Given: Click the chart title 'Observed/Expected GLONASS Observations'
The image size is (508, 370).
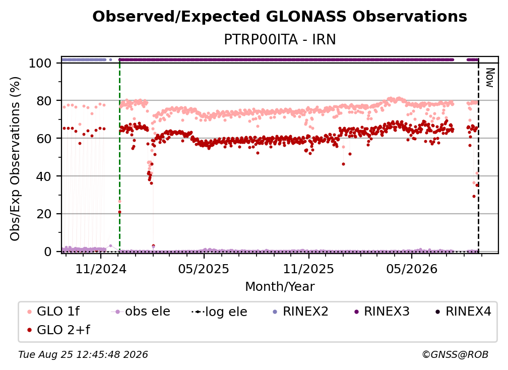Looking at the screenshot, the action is click(x=280, y=17).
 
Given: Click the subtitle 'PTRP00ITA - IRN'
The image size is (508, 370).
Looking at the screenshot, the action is click(x=280, y=39).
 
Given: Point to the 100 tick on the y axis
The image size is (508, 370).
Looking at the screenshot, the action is click(x=40, y=63).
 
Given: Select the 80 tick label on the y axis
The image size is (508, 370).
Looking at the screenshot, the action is click(x=44, y=101).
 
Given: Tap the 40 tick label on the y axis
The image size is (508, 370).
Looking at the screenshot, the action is click(x=44, y=176).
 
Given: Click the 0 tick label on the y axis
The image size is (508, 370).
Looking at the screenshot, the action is click(x=48, y=252).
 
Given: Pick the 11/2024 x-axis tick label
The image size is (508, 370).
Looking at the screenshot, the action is click(x=101, y=269).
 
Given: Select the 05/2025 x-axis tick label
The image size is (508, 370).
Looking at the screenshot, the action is click(x=204, y=269).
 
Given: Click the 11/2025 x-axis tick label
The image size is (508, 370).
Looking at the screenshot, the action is click(x=308, y=269).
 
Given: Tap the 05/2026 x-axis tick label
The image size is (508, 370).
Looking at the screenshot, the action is click(x=412, y=269).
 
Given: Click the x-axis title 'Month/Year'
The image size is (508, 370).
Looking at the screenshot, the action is click(x=280, y=287).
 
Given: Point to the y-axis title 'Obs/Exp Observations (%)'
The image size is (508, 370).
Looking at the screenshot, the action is click(x=15, y=159).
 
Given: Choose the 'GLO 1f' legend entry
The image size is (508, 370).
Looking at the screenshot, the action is click(x=53, y=312).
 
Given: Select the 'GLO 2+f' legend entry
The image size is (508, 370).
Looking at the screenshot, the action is click(x=58, y=330).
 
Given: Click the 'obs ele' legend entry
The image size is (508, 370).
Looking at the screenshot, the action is click(x=141, y=312).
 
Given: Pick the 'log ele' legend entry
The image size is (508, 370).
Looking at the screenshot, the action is click(x=219, y=312).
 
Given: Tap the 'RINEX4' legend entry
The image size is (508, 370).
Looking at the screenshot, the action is click(x=463, y=312).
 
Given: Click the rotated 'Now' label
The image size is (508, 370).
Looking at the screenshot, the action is click(x=489, y=78).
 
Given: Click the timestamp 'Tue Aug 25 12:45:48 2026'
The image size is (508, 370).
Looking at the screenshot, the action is click(x=83, y=355).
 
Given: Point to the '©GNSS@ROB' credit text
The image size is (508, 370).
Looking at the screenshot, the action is click(x=455, y=355).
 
